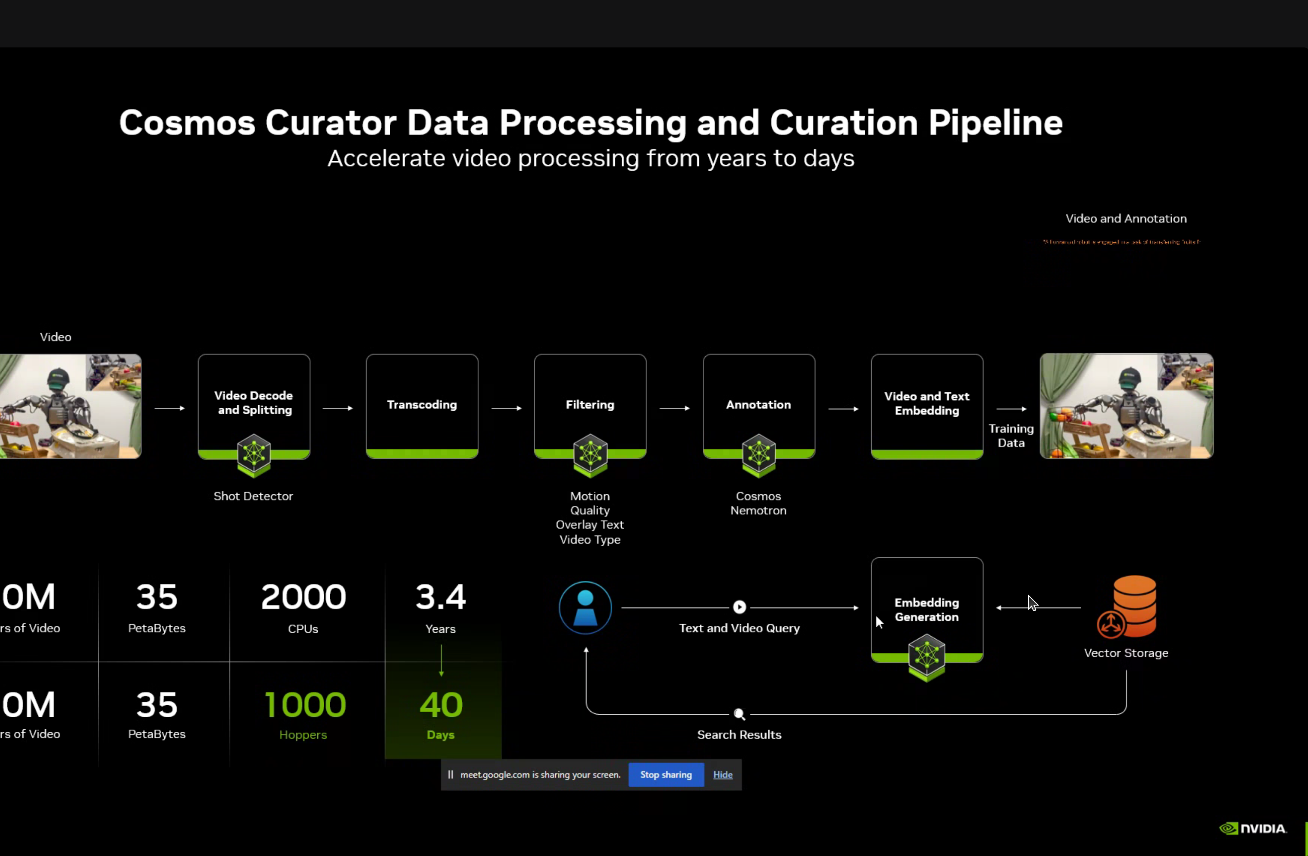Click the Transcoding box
pyautogui.click(x=422, y=405)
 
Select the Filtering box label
pyautogui.click(x=590, y=405)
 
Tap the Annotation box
pyautogui.click(x=758, y=405)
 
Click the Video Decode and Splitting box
pyautogui.click(x=253, y=403)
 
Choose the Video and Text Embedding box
pyautogui.click(x=926, y=404)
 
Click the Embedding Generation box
pyautogui.click(x=926, y=610)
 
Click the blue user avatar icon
pyautogui.click(x=585, y=608)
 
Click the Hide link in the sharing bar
pyautogui.click(x=723, y=775)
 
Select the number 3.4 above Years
pyautogui.click(x=440, y=597)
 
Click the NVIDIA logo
pyautogui.click(x=1253, y=828)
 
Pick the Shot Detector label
pyautogui.click(x=253, y=496)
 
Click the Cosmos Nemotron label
pyautogui.click(x=758, y=503)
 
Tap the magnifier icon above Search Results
pyautogui.click(x=739, y=714)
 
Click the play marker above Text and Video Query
pyautogui.click(x=739, y=607)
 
